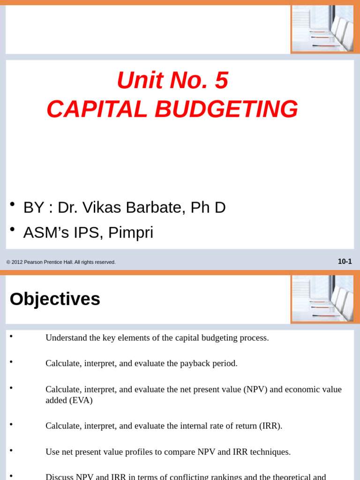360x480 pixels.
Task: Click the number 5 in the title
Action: pos(221,81)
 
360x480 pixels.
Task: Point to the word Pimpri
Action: pos(131,232)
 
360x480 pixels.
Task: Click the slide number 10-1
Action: pos(345,262)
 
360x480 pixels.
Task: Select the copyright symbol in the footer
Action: pos(8,262)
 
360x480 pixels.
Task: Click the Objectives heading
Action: pos(55,299)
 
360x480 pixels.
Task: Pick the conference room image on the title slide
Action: pos(322,28)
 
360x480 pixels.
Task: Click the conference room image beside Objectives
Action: pos(322,299)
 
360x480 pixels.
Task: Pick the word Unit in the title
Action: pos(134,81)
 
